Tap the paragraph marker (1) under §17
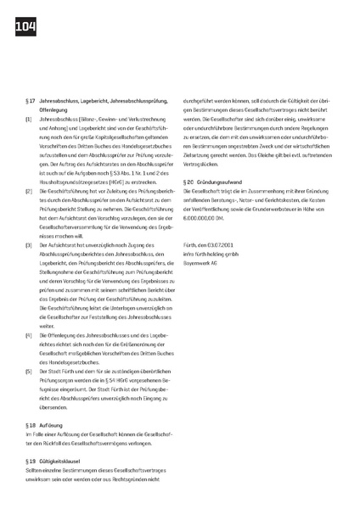click(x=30, y=120)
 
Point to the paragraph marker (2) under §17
click(x=30, y=191)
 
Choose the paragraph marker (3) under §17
click(x=30, y=244)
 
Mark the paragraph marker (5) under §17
click(x=30, y=370)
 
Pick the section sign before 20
click(x=185, y=182)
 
